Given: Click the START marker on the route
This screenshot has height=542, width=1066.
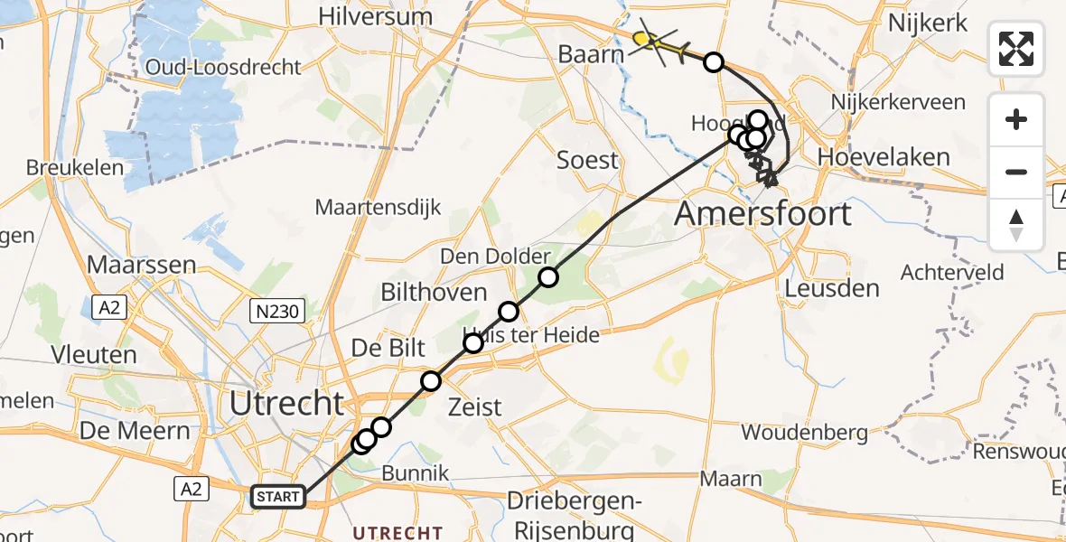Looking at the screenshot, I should pos(278,496).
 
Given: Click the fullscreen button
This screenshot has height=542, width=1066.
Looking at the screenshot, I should pos(1016,49).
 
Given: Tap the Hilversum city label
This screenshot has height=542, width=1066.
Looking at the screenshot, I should pos(375,16).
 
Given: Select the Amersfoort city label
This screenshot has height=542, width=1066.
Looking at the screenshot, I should pos(763,214).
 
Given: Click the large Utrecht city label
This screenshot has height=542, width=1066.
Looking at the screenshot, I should pos(287,403).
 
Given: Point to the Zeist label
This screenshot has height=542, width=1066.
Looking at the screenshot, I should pos(475,407).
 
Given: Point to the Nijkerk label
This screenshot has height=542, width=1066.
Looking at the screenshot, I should pos(928,23).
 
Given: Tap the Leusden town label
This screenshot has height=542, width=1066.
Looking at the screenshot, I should pos(832,289).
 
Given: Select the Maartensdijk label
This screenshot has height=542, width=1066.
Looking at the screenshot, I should pos(379,207).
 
